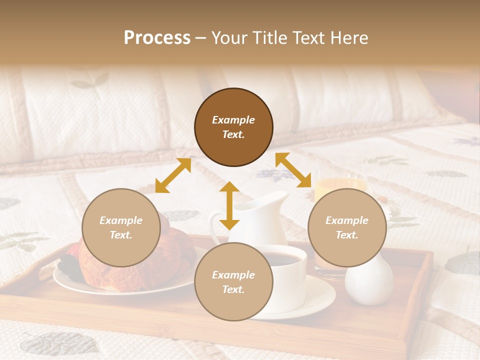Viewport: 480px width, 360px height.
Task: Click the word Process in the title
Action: (157, 38)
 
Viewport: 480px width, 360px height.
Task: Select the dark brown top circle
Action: (233, 127)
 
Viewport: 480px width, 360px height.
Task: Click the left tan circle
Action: (121, 228)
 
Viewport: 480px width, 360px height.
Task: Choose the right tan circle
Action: (347, 228)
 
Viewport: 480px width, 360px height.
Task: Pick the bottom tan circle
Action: (233, 282)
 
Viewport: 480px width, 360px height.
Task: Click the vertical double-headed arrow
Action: (229, 205)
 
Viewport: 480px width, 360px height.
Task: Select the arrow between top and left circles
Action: (173, 175)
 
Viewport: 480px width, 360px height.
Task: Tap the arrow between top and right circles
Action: (293, 170)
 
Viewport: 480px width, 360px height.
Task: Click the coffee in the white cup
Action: (282, 258)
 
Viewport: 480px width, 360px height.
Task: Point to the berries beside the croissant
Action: (67, 262)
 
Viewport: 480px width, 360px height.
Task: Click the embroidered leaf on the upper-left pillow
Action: (90, 81)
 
